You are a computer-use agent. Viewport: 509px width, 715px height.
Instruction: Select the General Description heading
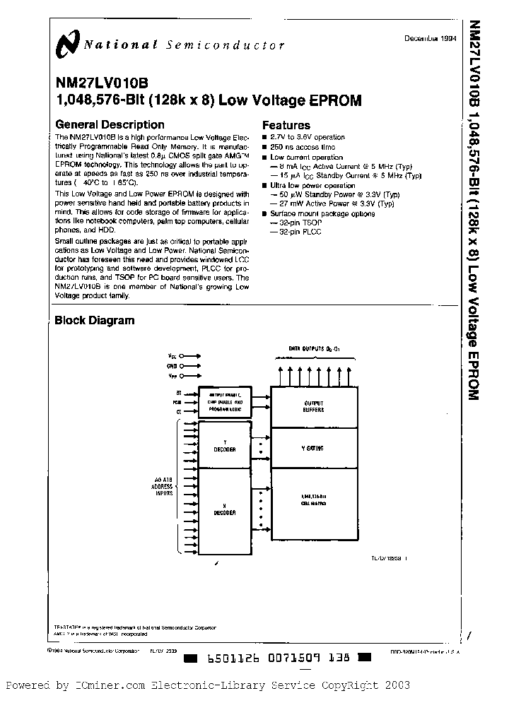point(110,124)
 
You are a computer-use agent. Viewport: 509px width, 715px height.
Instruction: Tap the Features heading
point(289,124)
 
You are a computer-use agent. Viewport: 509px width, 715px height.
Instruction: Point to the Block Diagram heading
point(94,320)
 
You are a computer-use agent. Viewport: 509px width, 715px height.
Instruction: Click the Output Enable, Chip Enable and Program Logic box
point(225,401)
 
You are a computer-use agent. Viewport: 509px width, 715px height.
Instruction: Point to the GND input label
point(172,366)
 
